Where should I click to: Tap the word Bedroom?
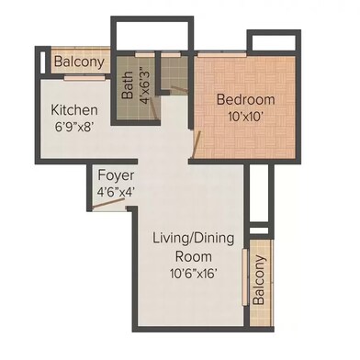click(242, 98)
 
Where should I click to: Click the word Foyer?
click(117, 175)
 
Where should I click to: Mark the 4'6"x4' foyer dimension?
click(117, 191)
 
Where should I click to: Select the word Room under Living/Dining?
click(194, 256)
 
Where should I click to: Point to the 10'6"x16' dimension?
click(194, 273)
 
